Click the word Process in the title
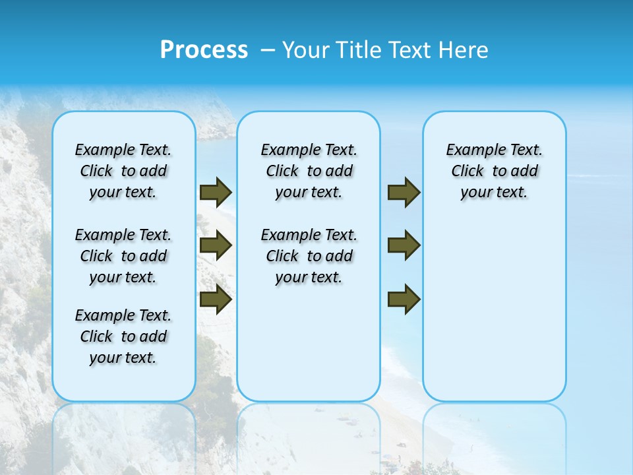pyautogui.click(x=204, y=50)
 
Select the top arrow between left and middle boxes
pyautogui.click(x=216, y=192)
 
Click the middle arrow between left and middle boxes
pyautogui.click(x=216, y=245)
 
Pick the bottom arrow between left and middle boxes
pyautogui.click(x=216, y=300)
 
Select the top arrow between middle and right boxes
pyautogui.click(x=404, y=192)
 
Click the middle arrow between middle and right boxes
pyautogui.click(x=404, y=245)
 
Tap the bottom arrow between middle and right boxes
pyautogui.click(x=404, y=300)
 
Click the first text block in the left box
pyautogui.click(x=123, y=171)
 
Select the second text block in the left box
pyautogui.click(x=123, y=256)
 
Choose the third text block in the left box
pyautogui.click(x=123, y=336)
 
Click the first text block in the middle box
pyautogui.click(x=309, y=171)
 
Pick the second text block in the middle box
pyautogui.click(x=309, y=256)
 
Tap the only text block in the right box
pyautogui.click(x=495, y=171)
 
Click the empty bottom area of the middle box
pyautogui.click(x=309, y=350)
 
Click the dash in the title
pyautogui.click(x=268, y=50)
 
